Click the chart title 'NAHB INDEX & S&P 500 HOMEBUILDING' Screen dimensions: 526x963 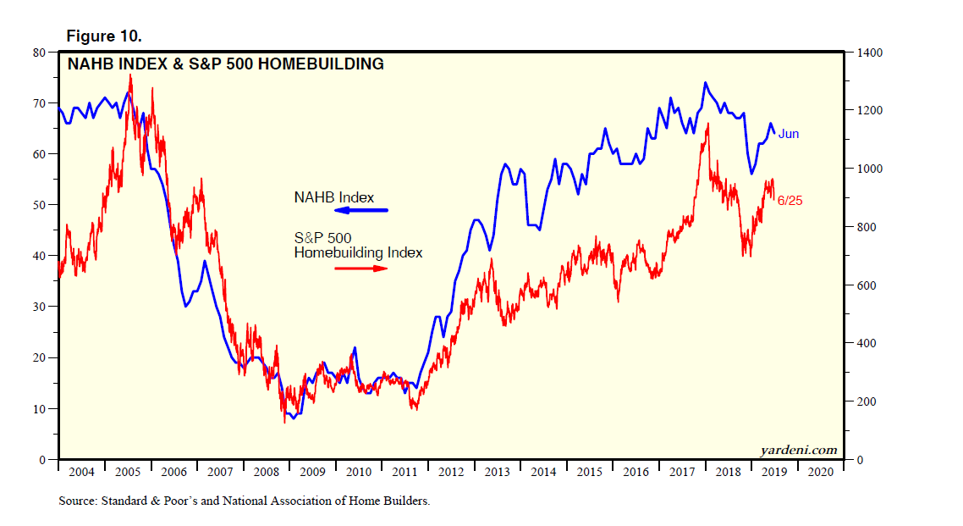click(225, 64)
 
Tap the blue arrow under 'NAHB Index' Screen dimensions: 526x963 click(361, 210)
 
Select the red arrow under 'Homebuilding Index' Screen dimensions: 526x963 click(361, 268)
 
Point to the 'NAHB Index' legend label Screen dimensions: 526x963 click(333, 197)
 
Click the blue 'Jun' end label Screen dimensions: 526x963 click(789, 134)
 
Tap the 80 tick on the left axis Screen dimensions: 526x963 click(39, 53)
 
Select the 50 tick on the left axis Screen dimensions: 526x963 click(39, 205)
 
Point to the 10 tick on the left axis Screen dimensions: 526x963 click(39, 409)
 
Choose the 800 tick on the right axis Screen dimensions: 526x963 click(867, 228)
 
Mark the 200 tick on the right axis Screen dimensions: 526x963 click(867, 402)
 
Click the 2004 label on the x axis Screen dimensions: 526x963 click(80, 472)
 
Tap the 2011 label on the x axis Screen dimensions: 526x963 click(405, 472)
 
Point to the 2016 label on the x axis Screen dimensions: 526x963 click(636, 472)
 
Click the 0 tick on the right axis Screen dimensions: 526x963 click(859, 461)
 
